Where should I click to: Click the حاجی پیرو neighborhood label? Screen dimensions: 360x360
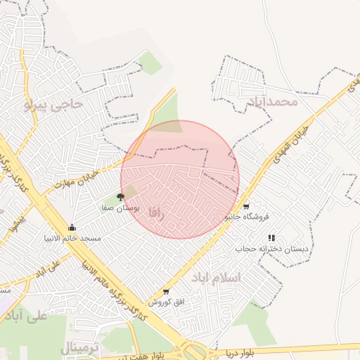53,105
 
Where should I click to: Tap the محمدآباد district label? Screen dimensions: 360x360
273,103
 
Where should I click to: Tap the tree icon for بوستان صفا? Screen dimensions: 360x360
120,198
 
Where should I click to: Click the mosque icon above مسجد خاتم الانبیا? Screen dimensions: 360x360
72,227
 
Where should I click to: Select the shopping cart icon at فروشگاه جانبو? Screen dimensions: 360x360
246,207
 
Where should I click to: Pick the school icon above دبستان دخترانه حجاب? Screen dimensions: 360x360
271,238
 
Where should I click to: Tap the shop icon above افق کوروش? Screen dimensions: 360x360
166,291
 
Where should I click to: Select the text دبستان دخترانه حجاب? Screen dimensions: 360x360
267,249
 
